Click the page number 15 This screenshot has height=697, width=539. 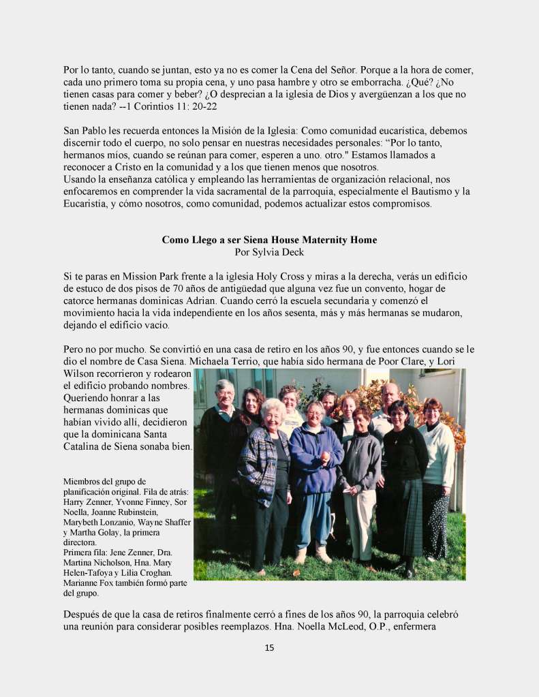coord(269,647)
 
